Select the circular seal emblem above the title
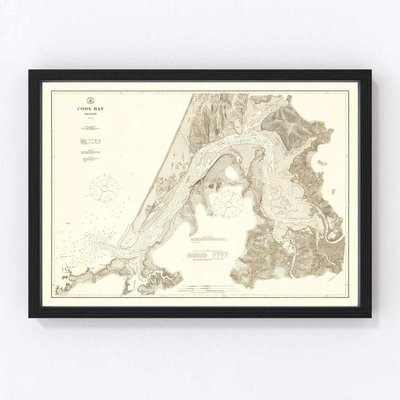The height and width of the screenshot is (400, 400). point(90,100)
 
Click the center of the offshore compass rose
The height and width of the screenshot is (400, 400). point(106,188)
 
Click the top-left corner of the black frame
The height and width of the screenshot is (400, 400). point(30,70)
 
